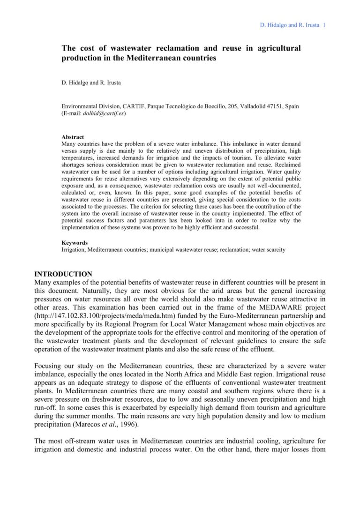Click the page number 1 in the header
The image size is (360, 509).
324,25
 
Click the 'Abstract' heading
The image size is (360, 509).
73,137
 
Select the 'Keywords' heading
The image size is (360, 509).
75,243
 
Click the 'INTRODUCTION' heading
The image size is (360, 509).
63,274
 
